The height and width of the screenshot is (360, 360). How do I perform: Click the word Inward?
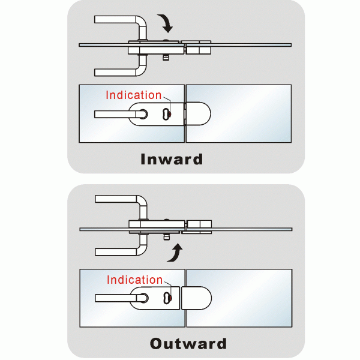(172, 160)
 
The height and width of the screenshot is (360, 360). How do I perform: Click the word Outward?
(188, 344)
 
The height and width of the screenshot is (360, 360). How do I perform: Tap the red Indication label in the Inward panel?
(133, 95)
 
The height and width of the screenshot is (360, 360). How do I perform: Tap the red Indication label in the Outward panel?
(134, 280)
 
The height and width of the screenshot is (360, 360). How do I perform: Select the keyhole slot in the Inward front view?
(166, 112)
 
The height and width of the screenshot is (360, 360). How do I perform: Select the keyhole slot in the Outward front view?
(166, 297)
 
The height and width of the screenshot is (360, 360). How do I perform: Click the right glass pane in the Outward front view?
(252, 298)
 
